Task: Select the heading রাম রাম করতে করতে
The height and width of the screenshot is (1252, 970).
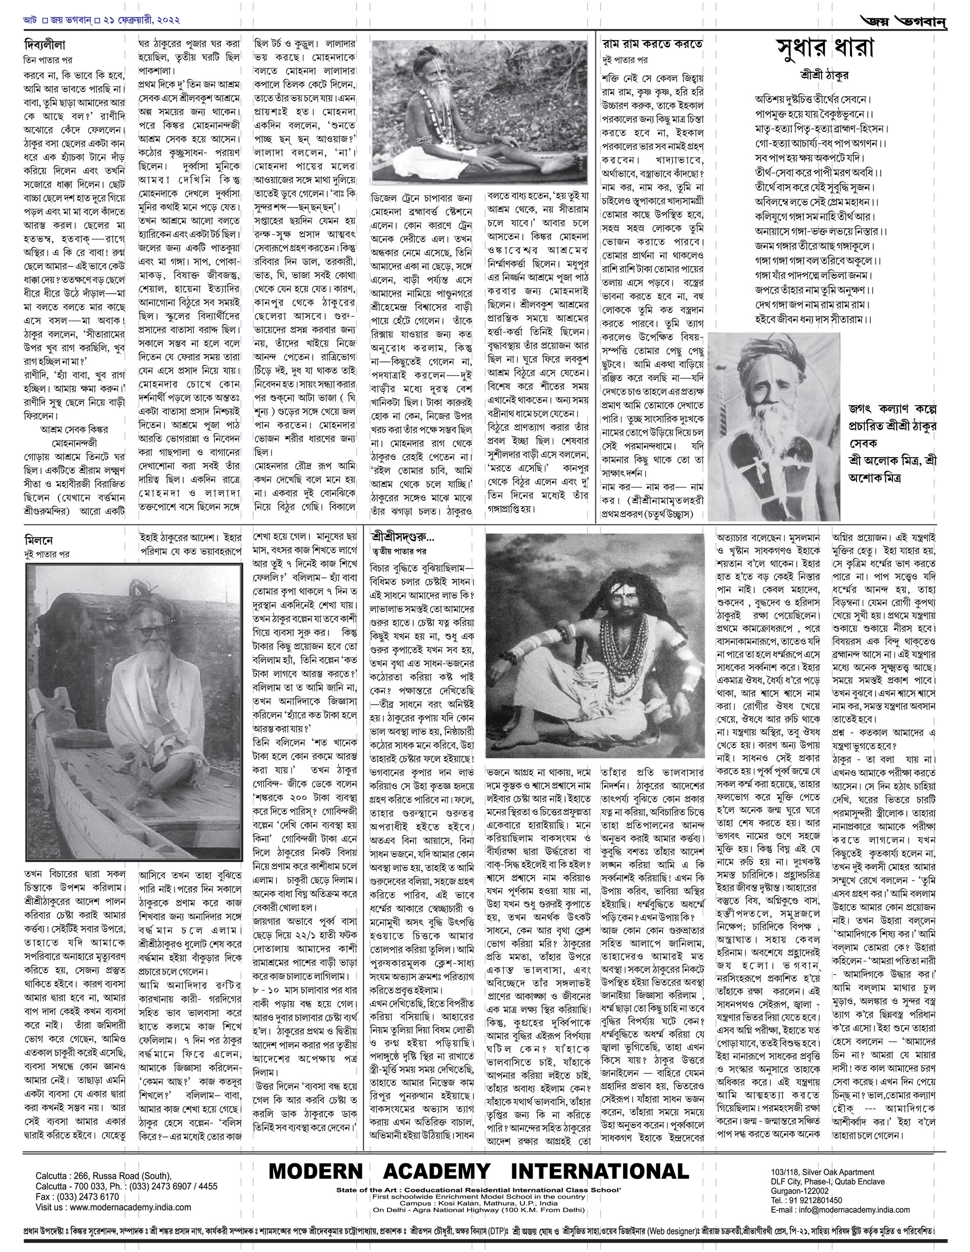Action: tap(652, 44)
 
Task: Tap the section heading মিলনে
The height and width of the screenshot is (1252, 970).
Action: tap(39, 541)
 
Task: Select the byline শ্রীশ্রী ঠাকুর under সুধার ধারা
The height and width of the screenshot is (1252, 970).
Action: tap(824, 75)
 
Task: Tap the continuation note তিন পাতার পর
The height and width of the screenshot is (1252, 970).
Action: tap(48, 60)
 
